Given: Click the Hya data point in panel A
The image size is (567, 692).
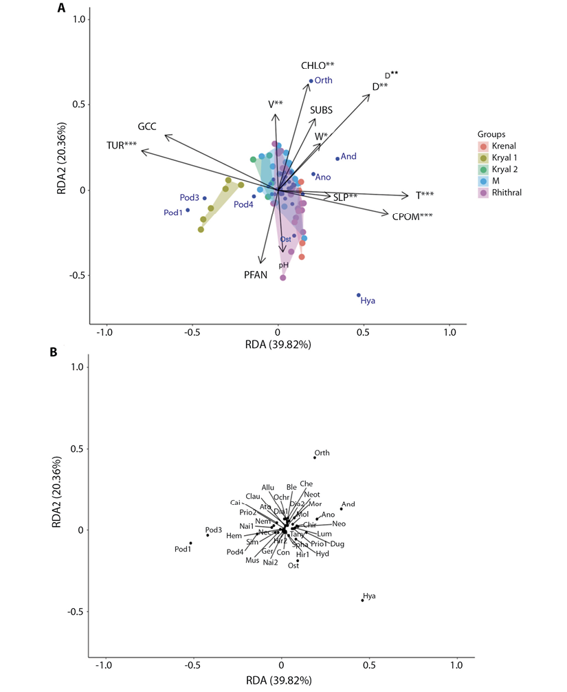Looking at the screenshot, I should click(x=358, y=295).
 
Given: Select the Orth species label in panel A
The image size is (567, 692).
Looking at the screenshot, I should click(x=323, y=80).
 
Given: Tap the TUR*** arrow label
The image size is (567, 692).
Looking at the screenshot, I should click(x=121, y=145).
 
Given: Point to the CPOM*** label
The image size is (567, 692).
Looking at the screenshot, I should click(x=412, y=216).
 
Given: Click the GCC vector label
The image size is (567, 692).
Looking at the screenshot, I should click(x=148, y=127).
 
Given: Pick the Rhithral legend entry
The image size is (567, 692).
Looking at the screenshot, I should click(x=509, y=193).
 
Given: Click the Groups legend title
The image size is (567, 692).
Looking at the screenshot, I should click(x=491, y=133).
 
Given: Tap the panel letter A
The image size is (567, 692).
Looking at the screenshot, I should click(x=62, y=9).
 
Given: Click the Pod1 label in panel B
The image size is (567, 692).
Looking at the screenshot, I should click(x=182, y=549).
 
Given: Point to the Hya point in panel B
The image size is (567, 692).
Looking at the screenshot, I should click(x=362, y=601).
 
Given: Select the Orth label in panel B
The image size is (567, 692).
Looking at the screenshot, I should click(x=322, y=453).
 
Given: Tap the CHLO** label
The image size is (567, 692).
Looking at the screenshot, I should click(x=318, y=65).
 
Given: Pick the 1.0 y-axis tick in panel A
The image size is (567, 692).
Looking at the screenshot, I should click(x=82, y=20).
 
